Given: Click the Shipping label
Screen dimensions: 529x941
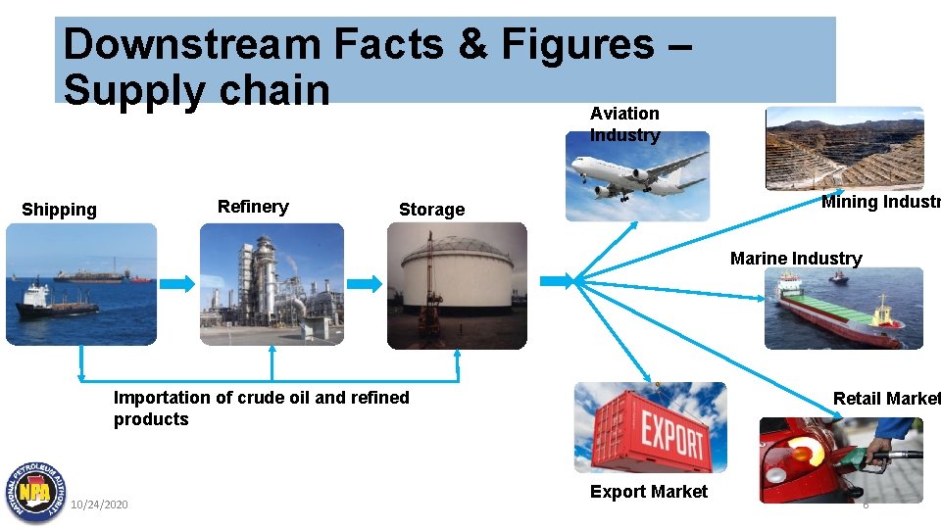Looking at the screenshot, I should pos(59,210).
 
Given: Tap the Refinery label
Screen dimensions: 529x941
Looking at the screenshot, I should pos(253,207).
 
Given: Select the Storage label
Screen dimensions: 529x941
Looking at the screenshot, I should pos(431,210).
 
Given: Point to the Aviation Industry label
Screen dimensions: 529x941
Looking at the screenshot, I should pos(624,124).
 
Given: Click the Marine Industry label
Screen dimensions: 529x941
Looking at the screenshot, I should pos(796,259).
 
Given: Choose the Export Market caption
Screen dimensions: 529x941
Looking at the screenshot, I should pos(648,492).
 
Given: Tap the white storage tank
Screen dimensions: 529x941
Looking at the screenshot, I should pos(457,275).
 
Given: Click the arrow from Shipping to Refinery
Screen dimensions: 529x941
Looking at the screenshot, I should pos(177,283).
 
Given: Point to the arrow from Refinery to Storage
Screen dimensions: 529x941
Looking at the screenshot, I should pos(365,283).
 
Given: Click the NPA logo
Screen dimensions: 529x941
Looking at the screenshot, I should pos(35,491).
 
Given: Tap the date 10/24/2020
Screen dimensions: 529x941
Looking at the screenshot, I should pos(99,505).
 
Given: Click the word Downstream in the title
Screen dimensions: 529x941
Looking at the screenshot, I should pos(192,44).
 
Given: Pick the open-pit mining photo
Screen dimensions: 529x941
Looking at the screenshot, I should pos(843,147).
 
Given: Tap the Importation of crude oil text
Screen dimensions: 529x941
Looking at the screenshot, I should pos(261,409).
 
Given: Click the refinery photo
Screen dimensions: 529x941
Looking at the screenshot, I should pos(272,284).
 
